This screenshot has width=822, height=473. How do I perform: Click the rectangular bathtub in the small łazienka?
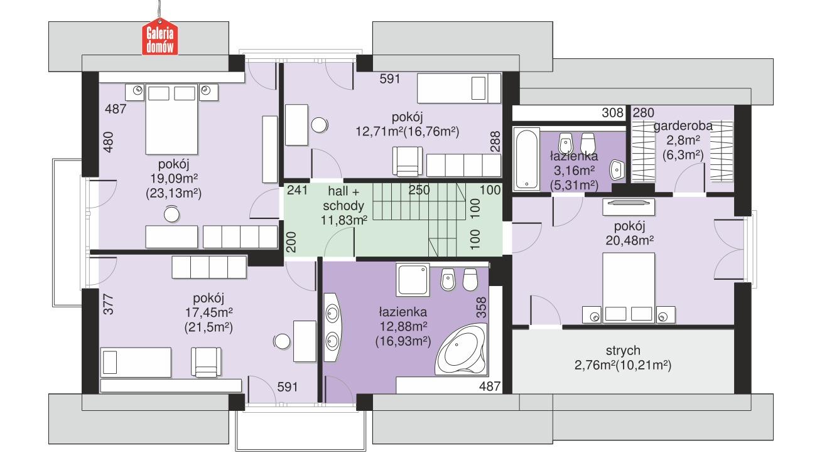[x=526, y=159]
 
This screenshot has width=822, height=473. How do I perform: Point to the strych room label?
[x=623, y=350]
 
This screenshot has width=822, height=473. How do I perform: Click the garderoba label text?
[x=683, y=125]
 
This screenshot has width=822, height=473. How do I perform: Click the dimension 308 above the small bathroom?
[x=612, y=114]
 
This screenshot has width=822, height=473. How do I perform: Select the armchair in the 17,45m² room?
[x=207, y=361]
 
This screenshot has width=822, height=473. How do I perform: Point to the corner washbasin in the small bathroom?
[x=617, y=168]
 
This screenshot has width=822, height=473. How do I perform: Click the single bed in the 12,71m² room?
[x=460, y=87]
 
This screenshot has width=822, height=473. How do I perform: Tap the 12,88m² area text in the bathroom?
[x=403, y=326]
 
